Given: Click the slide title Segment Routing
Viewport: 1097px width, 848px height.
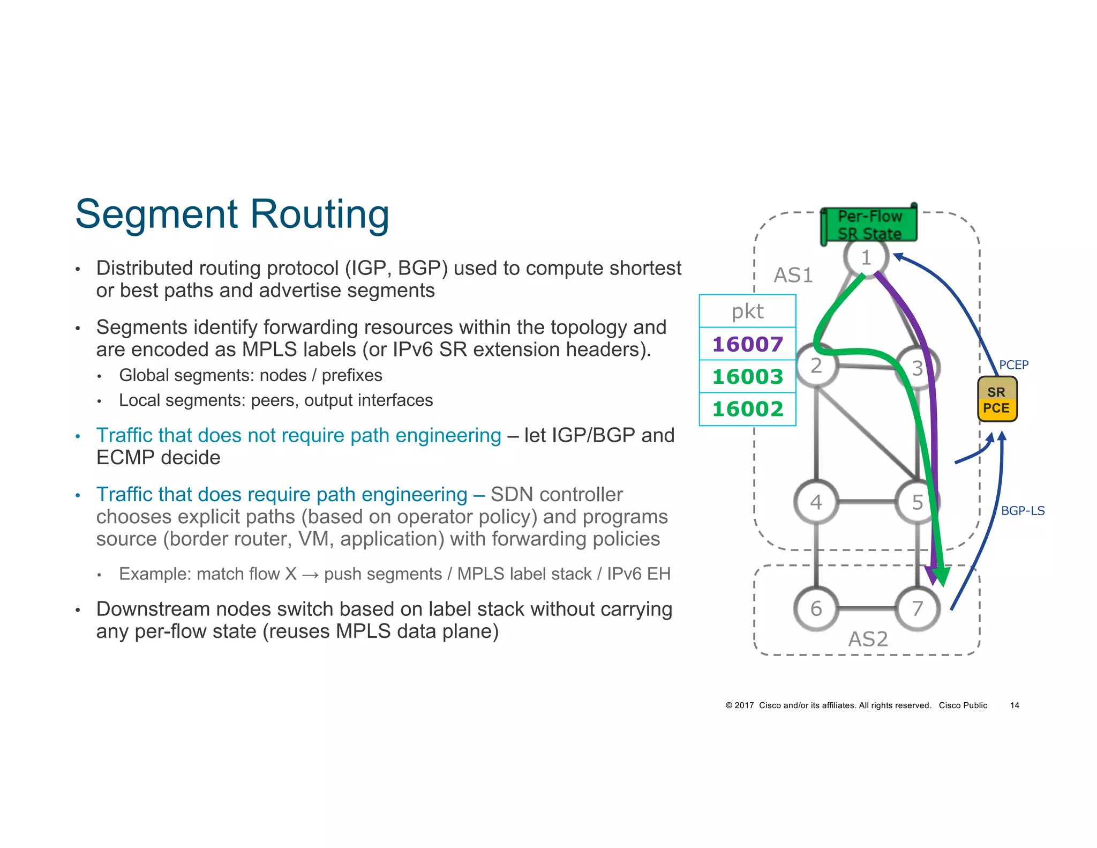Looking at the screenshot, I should point(232,214).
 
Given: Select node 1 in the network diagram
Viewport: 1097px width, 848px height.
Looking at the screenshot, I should point(866,258).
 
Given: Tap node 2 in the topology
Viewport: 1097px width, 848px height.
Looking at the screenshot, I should point(816,366).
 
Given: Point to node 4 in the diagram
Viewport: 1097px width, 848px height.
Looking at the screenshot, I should point(816,502).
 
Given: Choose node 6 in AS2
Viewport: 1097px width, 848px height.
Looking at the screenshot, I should point(816,608).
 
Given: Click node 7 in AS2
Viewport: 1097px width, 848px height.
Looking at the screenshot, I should point(918,608).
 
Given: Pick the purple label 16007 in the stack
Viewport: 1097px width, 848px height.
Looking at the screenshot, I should point(747,344).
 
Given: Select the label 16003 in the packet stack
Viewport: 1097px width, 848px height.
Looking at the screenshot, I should point(747,376).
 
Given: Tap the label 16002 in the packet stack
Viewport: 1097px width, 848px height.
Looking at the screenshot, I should point(747,409).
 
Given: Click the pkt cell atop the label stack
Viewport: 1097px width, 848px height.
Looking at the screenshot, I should point(747,311).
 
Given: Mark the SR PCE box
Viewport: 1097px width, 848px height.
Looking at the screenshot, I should point(996,400).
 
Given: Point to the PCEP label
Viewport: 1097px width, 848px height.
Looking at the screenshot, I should point(1013,365).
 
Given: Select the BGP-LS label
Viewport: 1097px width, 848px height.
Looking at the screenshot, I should point(1023,511).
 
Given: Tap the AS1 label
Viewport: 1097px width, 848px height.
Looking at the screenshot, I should point(793,276).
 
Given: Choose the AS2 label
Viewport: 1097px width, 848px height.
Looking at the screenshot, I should point(868,639).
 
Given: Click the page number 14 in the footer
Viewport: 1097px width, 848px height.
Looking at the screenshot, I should point(1015,705).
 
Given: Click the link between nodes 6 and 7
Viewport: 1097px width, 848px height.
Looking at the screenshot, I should point(867,609).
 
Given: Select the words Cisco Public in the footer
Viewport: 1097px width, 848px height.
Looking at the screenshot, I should point(963,705).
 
